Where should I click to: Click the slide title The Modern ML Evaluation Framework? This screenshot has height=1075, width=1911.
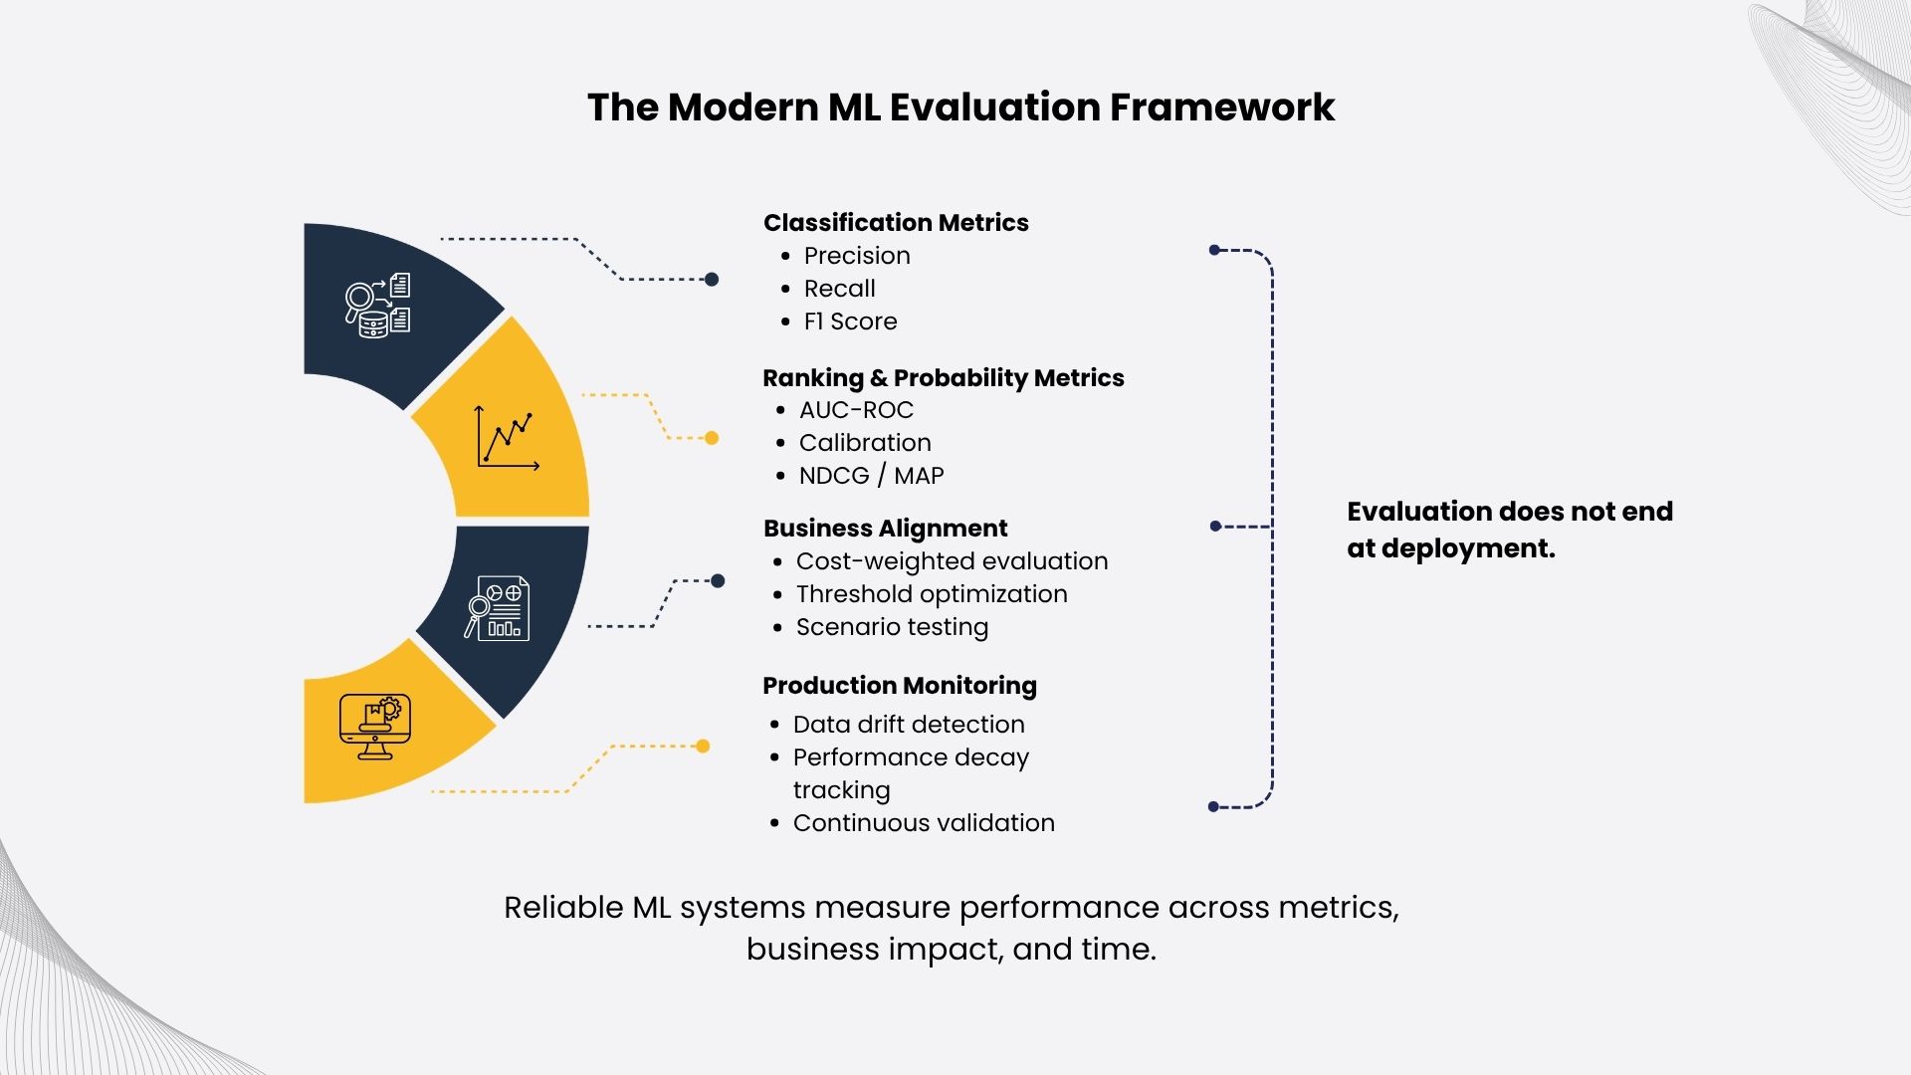pyautogui.click(x=960, y=107)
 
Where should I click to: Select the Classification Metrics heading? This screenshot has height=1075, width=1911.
pyautogui.click(x=896, y=222)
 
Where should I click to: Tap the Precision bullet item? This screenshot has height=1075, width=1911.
pyautogui.click(x=857, y=256)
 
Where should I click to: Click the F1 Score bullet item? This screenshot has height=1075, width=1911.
pyautogui.click(x=850, y=322)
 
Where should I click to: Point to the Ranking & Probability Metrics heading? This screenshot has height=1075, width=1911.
pyautogui.click(x=944, y=378)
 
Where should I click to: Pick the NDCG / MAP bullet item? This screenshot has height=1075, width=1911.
pyautogui.click(x=871, y=476)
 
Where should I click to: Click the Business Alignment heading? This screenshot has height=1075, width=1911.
pyautogui.click(x=885, y=529)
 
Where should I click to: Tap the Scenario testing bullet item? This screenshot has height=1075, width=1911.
pyautogui.click(x=892, y=627)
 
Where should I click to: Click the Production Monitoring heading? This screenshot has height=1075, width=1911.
pyautogui.click(x=900, y=686)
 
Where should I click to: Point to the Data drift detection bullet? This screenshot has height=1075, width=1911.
pyautogui.click(x=909, y=725)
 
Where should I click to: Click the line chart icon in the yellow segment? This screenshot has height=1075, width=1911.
pyautogui.click(x=508, y=437)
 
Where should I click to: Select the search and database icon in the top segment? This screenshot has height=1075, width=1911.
pyautogui.click(x=377, y=306)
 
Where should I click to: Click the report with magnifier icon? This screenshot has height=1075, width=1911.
pyautogui.click(x=497, y=607)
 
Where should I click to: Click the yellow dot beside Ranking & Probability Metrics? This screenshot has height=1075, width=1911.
pyautogui.click(x=712, y=438)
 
